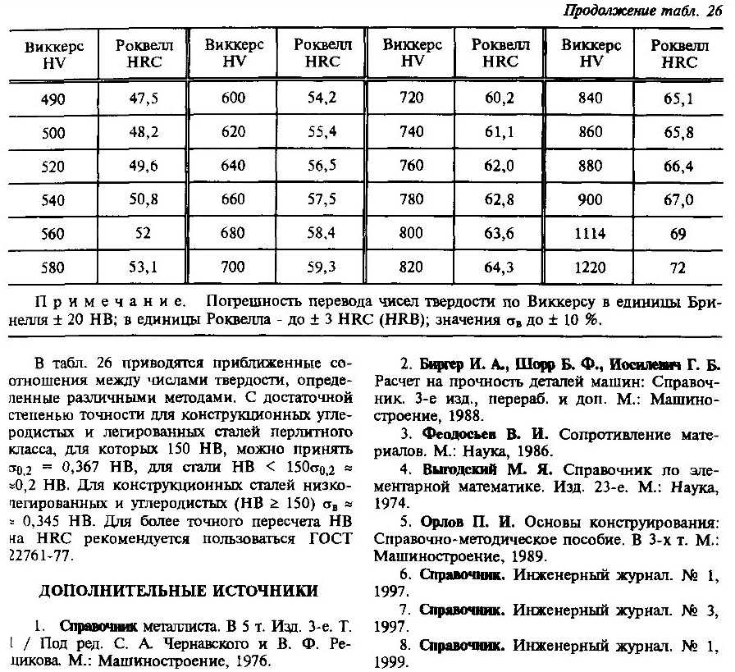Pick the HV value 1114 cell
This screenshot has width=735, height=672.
pyautogui.click(x=590, y=234)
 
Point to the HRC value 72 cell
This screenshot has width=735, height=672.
pyautogui.click(x=678, y=267)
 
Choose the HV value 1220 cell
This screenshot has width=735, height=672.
pyautogui.click(x=590, y=267)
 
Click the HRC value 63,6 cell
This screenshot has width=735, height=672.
pyautogui.click(x=500, y=234)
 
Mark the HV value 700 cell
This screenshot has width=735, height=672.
pyautogui.click(x=233, y=267)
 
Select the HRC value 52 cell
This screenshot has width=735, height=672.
pyautogui.click(x=144, y=234)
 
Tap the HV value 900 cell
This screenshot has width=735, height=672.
pyautogui.click(x=590, y=200)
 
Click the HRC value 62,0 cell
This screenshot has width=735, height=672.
pyautogui.click(x=500, y=166)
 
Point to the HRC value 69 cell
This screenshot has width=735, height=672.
pyautogui.click(x=678, y=234)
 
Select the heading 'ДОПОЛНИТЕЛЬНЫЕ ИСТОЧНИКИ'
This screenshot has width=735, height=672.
pyautogui.click(x=177, y=590)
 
